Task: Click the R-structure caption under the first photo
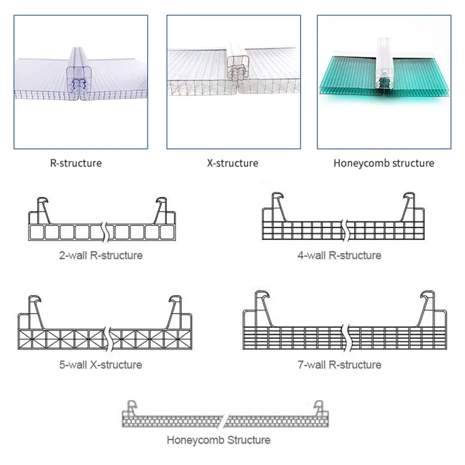[x=76, y=163]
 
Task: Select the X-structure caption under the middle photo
[x=232, y=163]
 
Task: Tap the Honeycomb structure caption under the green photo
[x=384, y=163]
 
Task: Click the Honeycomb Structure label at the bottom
[x=219, y=439]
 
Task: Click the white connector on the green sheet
[x=384, y=64]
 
